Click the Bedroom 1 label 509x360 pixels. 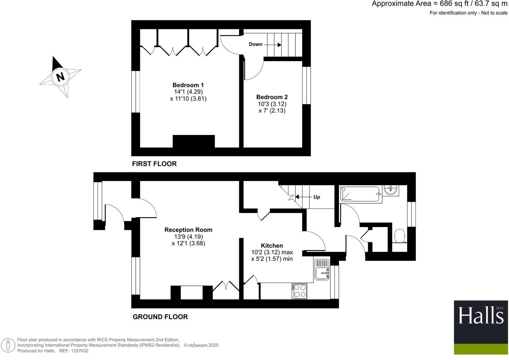pyautogui.click(x=188, y=85)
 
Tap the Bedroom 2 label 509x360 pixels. pyautogui.click(x=272, y=97)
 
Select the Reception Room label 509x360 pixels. pyautogui.click(x=188, y=230)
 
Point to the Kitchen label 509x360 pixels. pyautogui.click(x=272, y=246)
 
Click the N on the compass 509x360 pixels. pyautogui.click(x=60, y=76)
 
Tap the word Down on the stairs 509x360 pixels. pyautogui.click(x=255, y=44)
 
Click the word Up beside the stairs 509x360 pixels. pyautogui.click(x=317, y=197)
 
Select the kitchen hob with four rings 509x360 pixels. pyautogui.click(x=299, y=291)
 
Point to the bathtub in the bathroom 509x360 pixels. pyautogui.click(x=360, y=194)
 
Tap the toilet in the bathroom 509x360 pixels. pyautogui.click(x=399, y=236)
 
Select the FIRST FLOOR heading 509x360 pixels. pyautogui.click(x=154, y=164)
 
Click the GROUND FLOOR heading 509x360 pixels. pyautogui.click(x=160, y=317)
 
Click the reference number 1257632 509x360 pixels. pyautogui.click(x=79, y=351)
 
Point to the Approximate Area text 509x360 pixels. pyautogui.click(x=439, y=4)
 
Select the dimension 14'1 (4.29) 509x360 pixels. pyautogui.click(x=189, y=92)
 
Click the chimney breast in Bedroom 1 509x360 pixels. pyautogui.click(x=193, y=142)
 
